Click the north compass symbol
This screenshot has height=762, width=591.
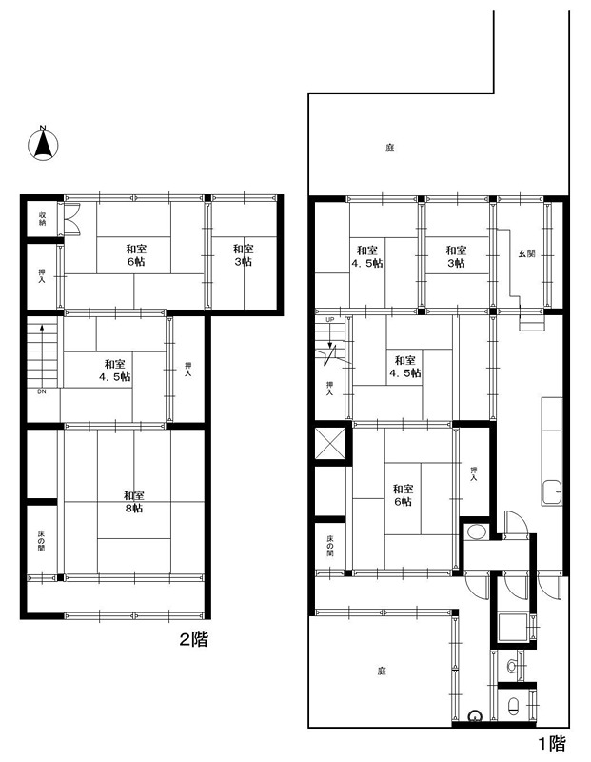[43, 144]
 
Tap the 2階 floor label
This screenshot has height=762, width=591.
[194, 639]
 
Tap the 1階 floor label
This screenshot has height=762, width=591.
[552, 743]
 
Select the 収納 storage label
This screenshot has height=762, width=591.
[42, 219]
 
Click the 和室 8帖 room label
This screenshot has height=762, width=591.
[133, 502]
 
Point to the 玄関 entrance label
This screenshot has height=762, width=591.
[526, 253]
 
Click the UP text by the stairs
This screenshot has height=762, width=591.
[329, 319]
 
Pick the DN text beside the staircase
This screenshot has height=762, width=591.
[42, 391]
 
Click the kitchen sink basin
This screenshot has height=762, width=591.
[552, 492]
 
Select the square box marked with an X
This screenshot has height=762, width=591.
[329, 443]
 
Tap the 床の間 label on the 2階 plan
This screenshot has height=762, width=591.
[42, 540]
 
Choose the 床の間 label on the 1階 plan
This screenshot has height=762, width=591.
[329, 545]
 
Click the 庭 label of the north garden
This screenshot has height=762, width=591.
[389, 148]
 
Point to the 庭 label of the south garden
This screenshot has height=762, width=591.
[382, 672]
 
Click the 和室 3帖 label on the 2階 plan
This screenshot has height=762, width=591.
[244, 255]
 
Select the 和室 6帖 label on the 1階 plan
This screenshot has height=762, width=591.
[404, 494]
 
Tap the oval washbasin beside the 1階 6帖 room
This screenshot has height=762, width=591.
[477, 532]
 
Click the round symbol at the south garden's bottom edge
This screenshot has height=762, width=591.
[475, 717]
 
